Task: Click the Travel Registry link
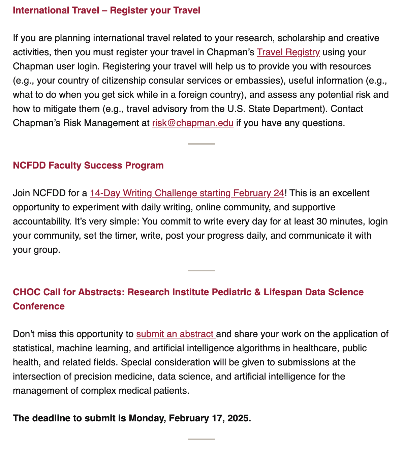(288, 52)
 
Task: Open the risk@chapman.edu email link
(193, 123)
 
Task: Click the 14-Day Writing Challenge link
(187, 193)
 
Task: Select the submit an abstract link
(176, 334)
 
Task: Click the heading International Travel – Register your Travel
(106, 10)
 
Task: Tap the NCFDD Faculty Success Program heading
(88, 166)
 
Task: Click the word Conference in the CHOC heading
(39, 306)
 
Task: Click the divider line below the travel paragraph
(201, 144)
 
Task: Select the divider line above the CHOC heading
(201, 271)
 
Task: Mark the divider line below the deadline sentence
(201, 439)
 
